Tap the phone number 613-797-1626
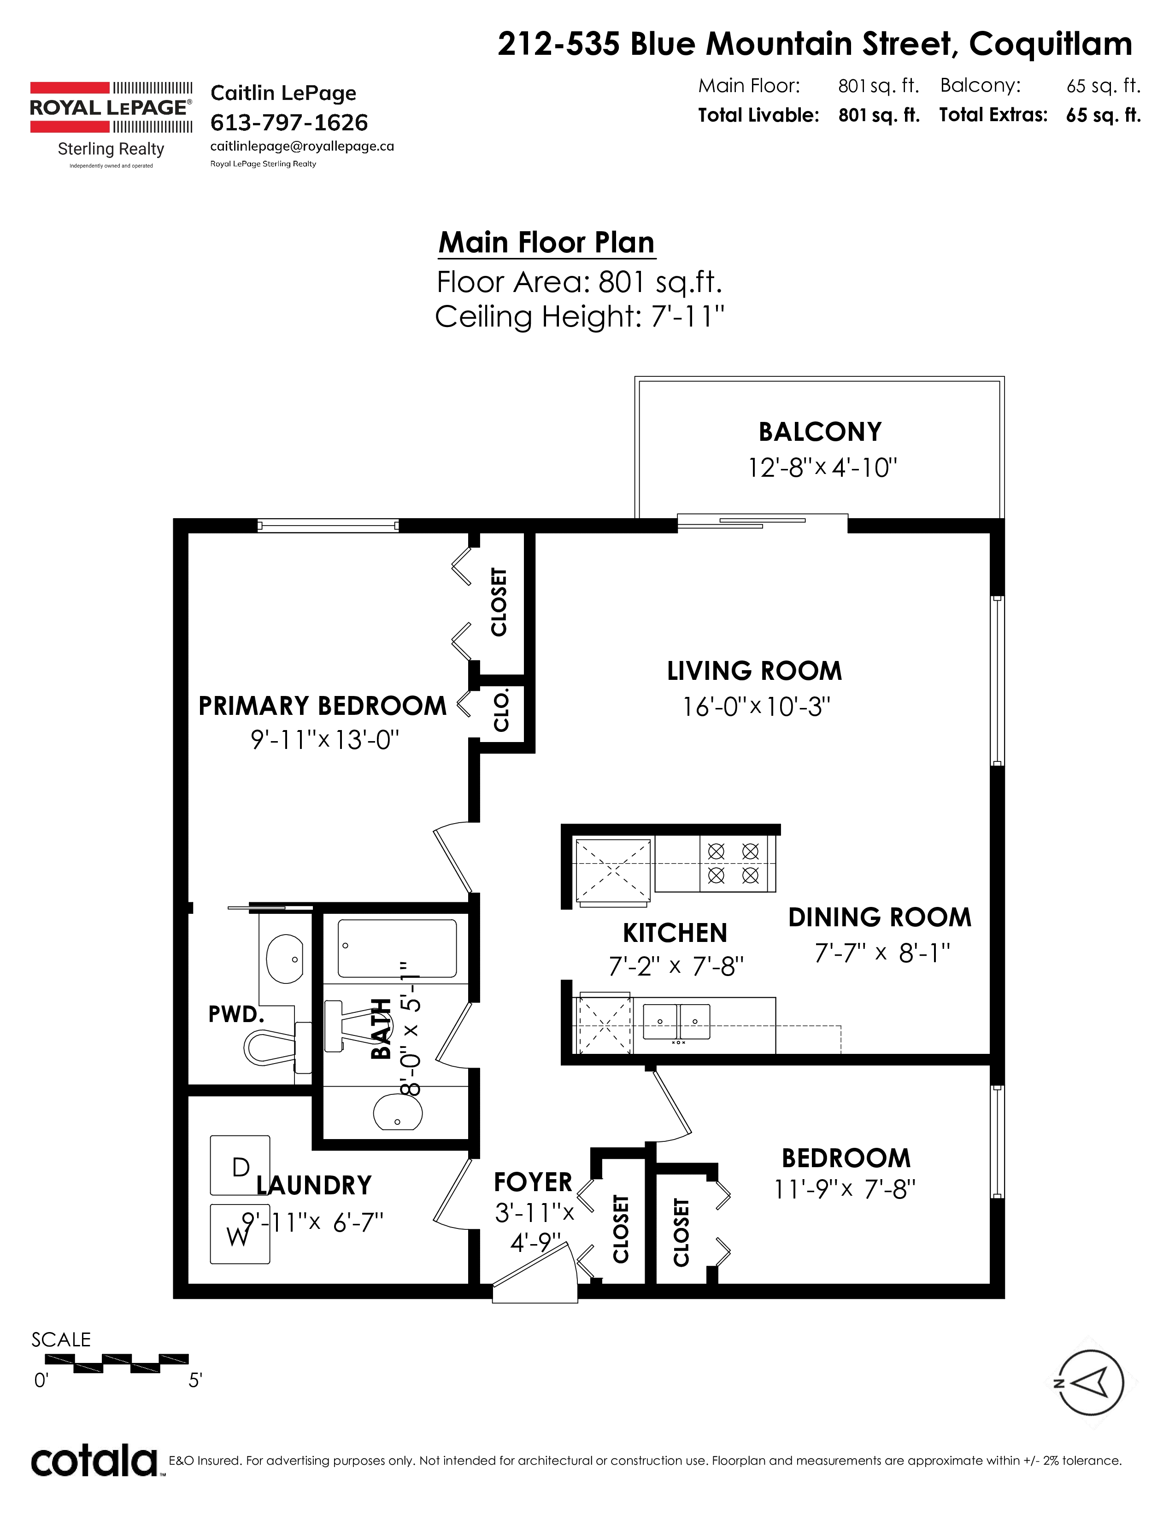[289, 123]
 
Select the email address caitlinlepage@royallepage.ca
[302, 146]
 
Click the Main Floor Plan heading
[546, 243]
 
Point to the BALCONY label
[820, 432]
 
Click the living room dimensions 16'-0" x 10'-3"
[756, 707]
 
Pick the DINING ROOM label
[880, 917]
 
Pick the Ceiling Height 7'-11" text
[580, 317]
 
